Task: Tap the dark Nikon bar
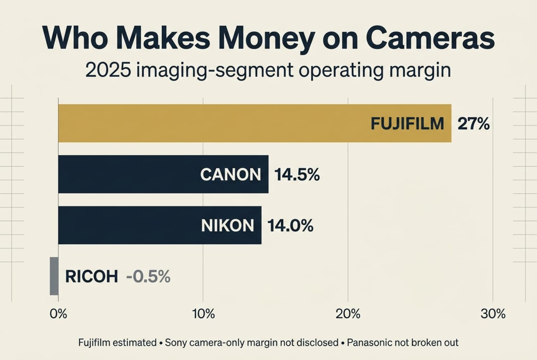pyautogui.click(x=124, y=225)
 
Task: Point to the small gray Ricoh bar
pyautogui.click(x=54, y=276)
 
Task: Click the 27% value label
pyautogui.click(x=473, y=123)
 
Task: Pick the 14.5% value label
pyautogui.click(x=297, y=175)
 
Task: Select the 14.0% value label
pyautogui.click(x=290, y=226)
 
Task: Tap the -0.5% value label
pyautogui.click(x=148, y=277)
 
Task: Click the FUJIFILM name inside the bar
pyautogui.click(x=407, y=123)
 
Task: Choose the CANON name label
pyautogui.click(x=230, y=175)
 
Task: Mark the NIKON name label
pyautogui.click(x=227, y=226)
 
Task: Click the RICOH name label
pyautogui.click(x=91, y=277)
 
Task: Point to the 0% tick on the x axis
pyautogui.click(x=58, y=314)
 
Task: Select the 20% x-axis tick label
pyautogui.click(x=348, y=314)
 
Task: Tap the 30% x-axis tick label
pyautogui.click(x=493, y=314)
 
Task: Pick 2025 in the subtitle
pyautogui.click(x=108, y=70)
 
